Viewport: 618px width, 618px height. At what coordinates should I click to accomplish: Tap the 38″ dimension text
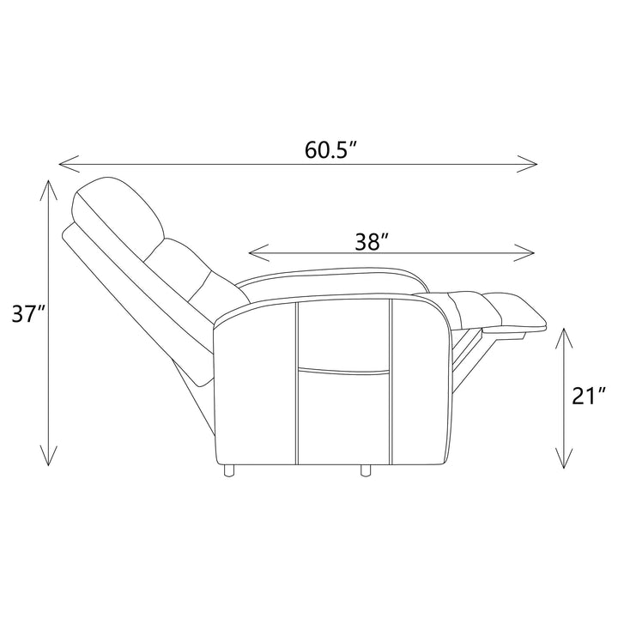pos(373,241)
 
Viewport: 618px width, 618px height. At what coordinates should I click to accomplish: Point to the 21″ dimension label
pos(588,396)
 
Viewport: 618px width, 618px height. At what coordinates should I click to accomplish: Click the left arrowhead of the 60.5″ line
pos(69,164)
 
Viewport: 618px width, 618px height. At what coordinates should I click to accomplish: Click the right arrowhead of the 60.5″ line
pos(527,164)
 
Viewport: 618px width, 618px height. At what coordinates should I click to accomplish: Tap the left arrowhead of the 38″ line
pos(259,252)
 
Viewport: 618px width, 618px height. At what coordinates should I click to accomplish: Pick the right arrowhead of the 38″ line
pos(524,252)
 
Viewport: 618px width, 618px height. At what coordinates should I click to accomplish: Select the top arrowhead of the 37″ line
pos(48,190)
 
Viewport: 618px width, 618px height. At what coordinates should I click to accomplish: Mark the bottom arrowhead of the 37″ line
pos(48,456)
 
